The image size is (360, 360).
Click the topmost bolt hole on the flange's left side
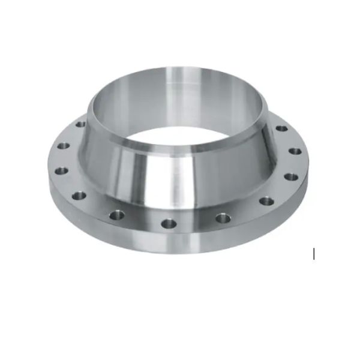pyautogui.click(x=80, y=124)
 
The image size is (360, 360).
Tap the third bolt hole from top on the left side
pyautogui.click(x=59, y=170)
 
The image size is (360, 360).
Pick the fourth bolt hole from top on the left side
pyautogui.click(x=78, y=194)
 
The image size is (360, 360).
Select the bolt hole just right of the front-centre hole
pyautogui.click(x=223, y=217)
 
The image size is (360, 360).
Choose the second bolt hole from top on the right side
pyautogui.click(x=295, y=151)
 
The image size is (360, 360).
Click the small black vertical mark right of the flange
pyautogui.click(x=314, y=254)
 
